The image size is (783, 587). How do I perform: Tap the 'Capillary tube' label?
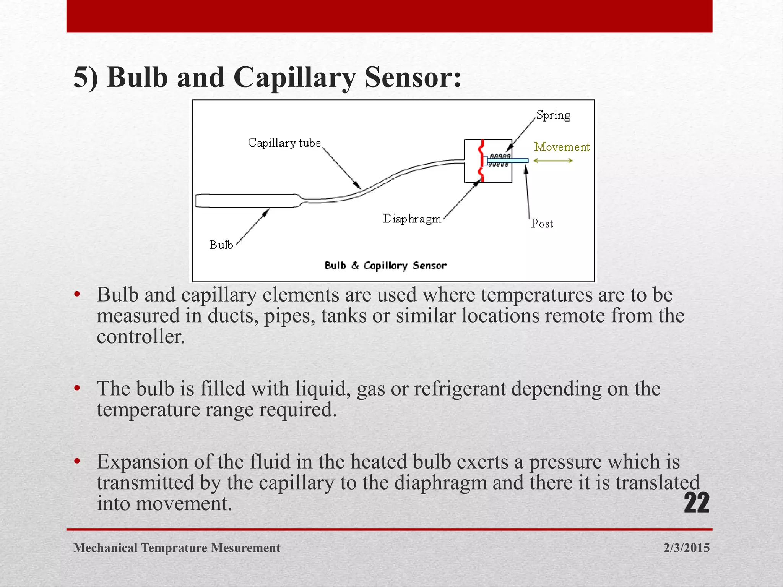click(x=284, y=143)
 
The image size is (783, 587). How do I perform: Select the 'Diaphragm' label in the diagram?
click(x=412, y=219)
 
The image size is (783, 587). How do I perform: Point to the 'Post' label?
click(x=542, y=224)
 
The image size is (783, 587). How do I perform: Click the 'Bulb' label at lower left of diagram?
click(x=221, y=245)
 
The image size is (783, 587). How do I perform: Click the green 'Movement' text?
click(x=562, y=147)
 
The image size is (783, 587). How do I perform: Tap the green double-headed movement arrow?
click(x=553, y=161)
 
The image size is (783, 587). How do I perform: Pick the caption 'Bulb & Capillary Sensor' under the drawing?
click(x=385, y=266)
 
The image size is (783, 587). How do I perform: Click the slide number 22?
click(x=696, y=503)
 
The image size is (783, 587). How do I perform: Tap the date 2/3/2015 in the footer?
click(x=686, y=548)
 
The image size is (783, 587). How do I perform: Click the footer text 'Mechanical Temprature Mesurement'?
click(x=177, y=548)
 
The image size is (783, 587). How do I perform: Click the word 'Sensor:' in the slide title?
click(x=413, y=78)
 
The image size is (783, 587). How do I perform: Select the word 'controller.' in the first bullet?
click(x=141, y=337)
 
